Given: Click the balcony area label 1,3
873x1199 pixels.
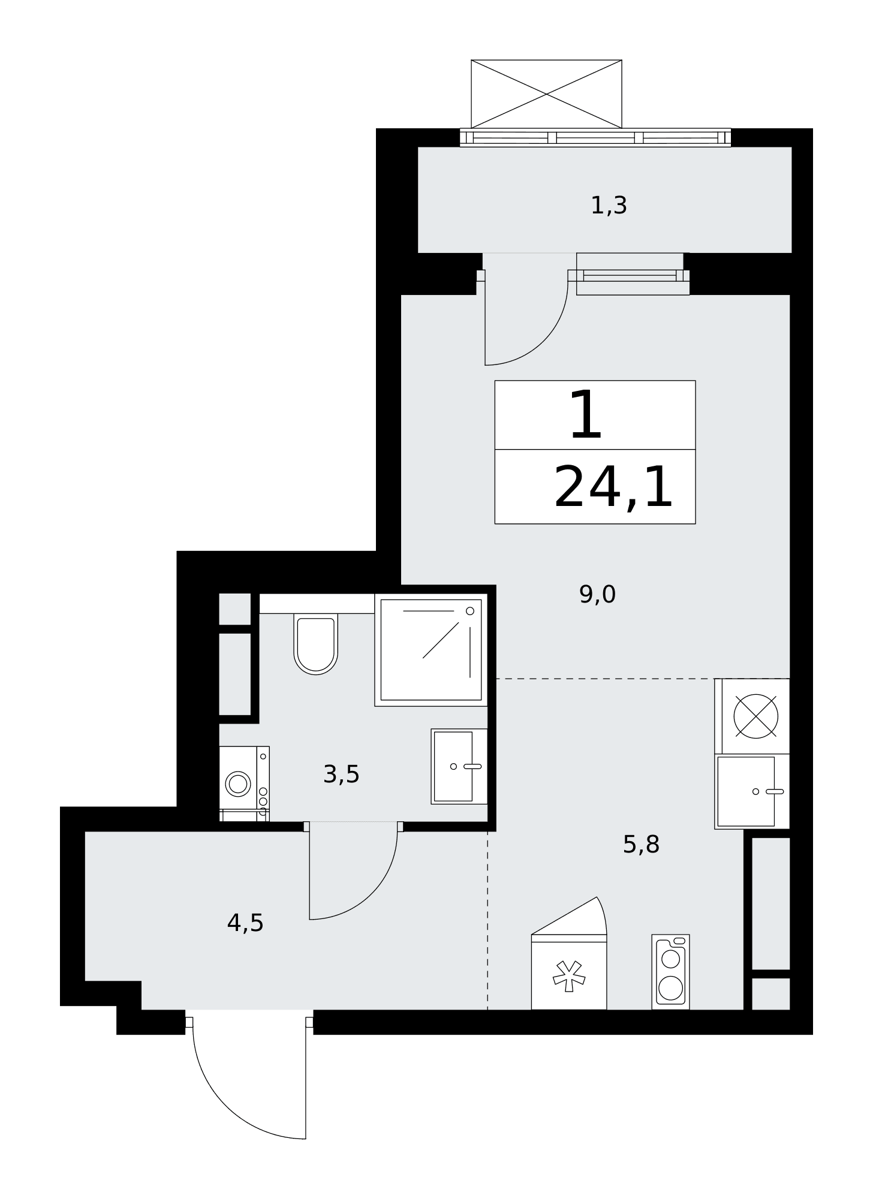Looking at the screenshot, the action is coord(609,206).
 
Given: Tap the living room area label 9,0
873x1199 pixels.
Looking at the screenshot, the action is coord(597,595).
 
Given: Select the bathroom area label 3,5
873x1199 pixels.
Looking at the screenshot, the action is coord(341,775).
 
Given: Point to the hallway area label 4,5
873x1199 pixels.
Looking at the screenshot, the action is coord(245,923).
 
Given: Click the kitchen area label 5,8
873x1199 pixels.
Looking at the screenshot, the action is coord(641,845).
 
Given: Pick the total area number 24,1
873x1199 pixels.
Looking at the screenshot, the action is coord(613,488).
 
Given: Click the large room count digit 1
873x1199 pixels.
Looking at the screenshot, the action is coord(586,415).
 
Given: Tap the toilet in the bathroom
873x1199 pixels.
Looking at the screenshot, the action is coord(315,643).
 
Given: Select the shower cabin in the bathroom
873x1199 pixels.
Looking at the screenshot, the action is coord(431,650).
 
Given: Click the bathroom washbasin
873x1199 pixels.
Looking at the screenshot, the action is coord(459,766).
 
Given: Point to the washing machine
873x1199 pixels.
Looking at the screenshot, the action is coord(244,784).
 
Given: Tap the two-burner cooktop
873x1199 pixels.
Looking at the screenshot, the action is coord(670,971).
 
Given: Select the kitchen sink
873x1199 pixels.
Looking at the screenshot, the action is coord(752,791).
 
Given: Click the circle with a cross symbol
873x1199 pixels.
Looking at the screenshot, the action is coord(755,716).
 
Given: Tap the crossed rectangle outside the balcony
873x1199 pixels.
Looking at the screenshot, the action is coord(546,94).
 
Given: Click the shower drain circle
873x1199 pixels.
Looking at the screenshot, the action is coord(470,611).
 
